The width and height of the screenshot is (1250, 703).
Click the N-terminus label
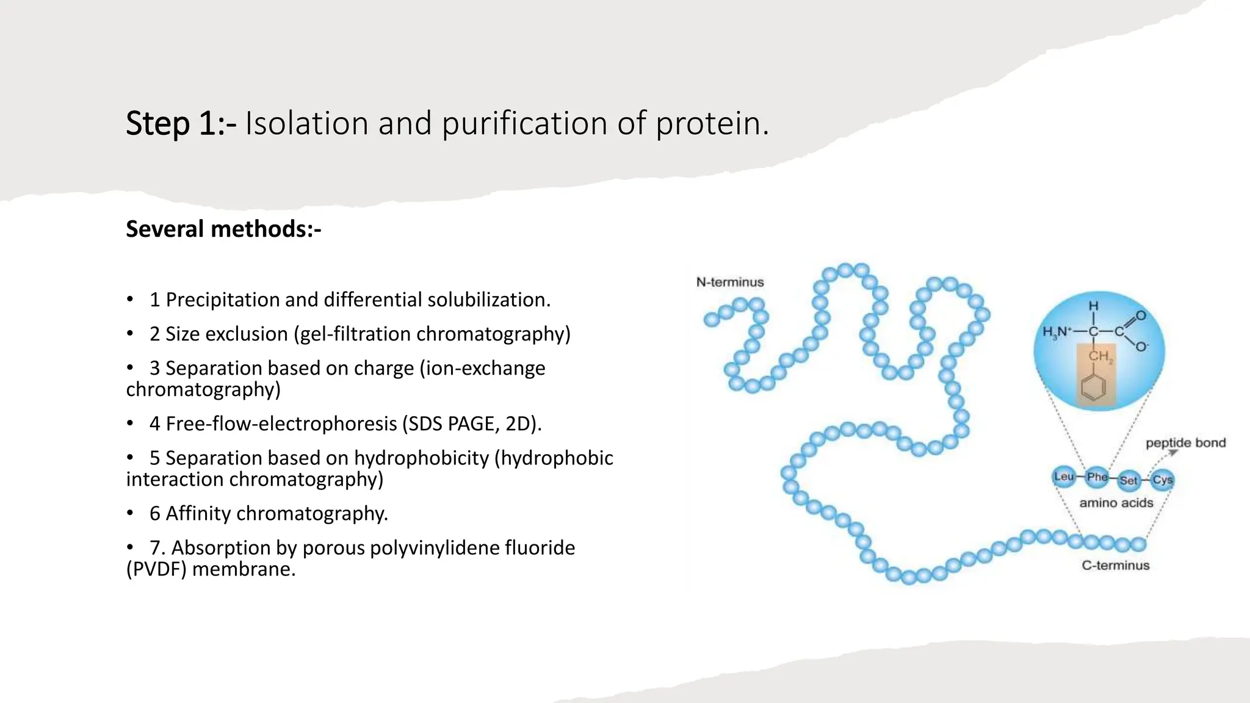point(730,282)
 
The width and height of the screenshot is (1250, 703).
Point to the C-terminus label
point(1115,565)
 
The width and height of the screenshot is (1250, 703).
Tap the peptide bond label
point(1185,442)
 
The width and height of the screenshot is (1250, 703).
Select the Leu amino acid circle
point(1064,477)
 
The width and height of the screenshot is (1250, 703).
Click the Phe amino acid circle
point(1097,477)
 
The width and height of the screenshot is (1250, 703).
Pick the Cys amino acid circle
point(1162,480)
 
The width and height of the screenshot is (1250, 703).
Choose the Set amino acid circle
point(1129,480)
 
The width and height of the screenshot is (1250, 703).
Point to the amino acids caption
point(1116,503)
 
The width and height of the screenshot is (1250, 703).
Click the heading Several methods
point(223,229)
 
